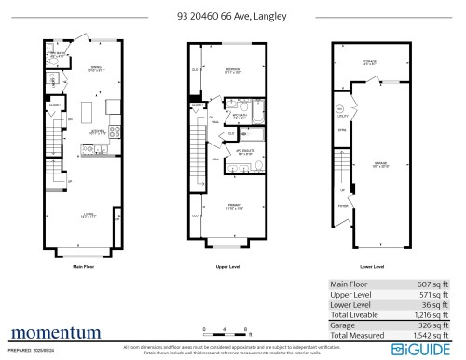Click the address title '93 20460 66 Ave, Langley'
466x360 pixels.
coord(232,15)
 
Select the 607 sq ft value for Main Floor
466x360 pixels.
coord(436,285)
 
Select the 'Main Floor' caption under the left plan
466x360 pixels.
coord(86,267)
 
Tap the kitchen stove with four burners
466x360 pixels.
coord(114,131)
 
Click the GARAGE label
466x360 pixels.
coord(381,161)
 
